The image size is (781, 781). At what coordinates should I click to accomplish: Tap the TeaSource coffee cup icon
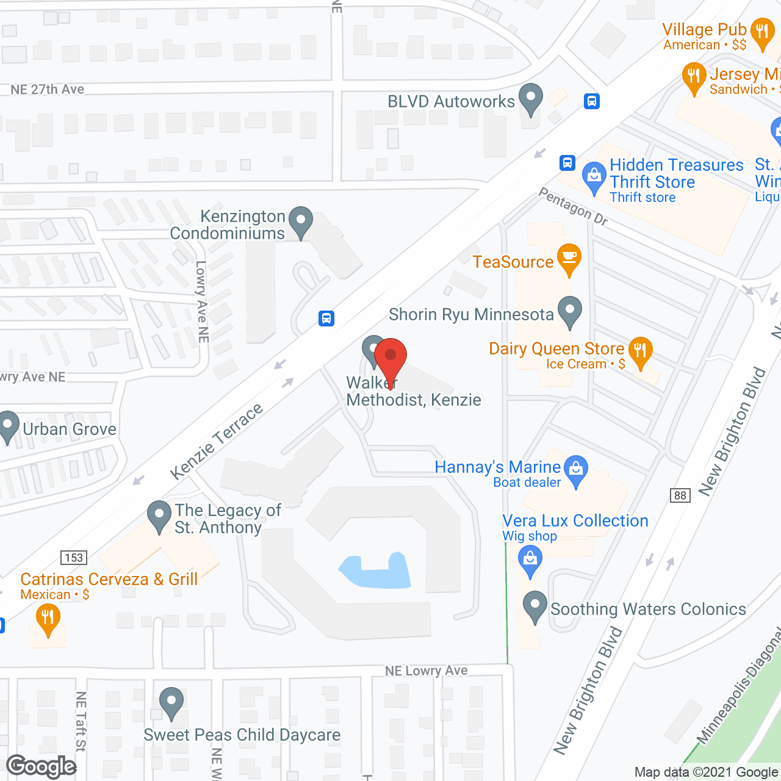click(569, 258)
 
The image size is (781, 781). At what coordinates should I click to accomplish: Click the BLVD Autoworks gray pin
click(531, 98)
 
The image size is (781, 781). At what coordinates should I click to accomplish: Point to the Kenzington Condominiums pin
click(300, 221)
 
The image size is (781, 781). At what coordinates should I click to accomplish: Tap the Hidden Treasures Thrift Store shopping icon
click(594, 176)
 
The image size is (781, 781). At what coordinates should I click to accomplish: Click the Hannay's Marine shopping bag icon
click(575, 470)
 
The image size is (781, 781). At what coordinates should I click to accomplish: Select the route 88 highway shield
click(680, 495)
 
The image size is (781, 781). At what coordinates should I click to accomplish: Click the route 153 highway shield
click(74, 557)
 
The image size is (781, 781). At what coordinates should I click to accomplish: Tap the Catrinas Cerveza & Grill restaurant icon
click(48, 617)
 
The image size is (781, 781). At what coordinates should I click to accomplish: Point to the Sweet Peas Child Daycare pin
click(171, 702)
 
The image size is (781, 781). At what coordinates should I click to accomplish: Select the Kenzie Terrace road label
click(216, 441)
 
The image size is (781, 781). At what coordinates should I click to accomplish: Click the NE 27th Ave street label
click(48, 90)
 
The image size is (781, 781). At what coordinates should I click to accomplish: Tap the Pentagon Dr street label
click(574, 206)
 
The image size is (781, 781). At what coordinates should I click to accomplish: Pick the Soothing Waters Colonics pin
click(535, 606)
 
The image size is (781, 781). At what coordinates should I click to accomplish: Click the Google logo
click(41, 766)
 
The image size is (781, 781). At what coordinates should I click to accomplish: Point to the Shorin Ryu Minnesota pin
click(570, 311)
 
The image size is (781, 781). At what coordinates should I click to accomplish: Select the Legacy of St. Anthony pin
click(159, 516)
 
